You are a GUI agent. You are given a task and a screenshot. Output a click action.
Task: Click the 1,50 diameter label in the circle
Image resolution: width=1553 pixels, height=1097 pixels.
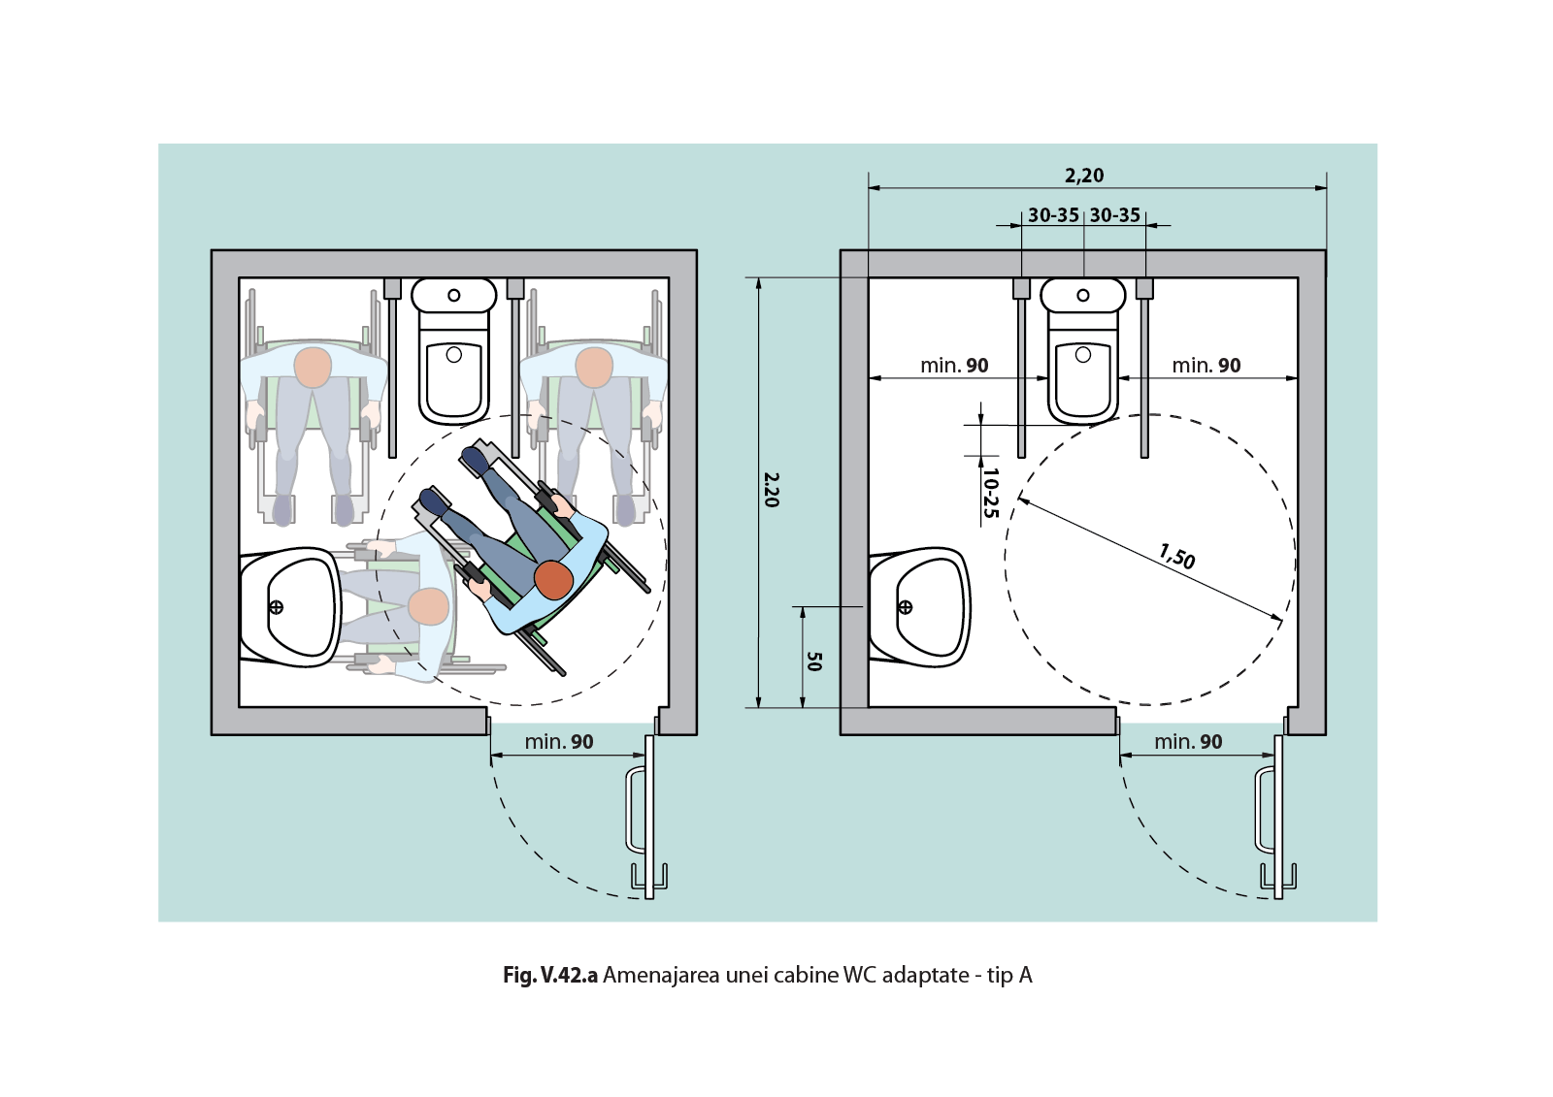point(1176,557)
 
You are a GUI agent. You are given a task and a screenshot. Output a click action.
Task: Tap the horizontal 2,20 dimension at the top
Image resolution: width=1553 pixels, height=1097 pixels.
point(1084,176)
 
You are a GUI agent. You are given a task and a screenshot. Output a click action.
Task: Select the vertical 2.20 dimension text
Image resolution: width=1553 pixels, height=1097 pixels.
point(771,490)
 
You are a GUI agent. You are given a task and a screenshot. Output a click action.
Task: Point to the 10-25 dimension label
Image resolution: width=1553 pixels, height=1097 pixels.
point(990,493)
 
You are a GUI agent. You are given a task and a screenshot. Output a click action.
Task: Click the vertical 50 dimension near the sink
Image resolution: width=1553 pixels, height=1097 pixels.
point(814,661)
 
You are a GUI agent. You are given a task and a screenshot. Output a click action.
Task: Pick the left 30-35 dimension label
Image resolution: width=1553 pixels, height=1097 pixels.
point(1053,215)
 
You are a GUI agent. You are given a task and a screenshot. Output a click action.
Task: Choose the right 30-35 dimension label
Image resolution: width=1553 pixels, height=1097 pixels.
point(1115,215)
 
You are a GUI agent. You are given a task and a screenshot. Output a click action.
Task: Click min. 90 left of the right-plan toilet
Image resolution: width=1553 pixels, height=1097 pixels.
point(954,366)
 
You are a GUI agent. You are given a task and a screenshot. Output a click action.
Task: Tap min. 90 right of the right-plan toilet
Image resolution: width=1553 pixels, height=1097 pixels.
point(1206,366)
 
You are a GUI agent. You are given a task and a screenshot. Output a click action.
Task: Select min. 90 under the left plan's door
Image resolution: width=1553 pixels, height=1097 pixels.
point(559,742)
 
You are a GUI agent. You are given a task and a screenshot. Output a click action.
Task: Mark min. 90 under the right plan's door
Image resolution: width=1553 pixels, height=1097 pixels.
point(1188,742)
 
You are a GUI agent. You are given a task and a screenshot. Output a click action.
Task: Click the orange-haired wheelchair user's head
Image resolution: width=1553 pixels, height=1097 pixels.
point(553,579)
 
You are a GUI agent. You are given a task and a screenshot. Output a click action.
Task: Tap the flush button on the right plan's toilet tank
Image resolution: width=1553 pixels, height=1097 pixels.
point(1083,295)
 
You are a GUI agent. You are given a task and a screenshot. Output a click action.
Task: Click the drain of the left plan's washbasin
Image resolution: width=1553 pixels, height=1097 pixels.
point(276,607)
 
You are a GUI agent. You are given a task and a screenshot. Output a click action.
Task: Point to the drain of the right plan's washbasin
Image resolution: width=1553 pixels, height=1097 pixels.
point(906,607)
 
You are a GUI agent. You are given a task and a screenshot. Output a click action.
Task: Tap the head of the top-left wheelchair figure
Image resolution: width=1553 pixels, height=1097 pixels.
point(313,368)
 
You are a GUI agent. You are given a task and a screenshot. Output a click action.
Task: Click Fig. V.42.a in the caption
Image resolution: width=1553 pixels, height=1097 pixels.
point(549,976)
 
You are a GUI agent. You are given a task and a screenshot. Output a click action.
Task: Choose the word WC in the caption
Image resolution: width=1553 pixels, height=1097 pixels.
point(860,976)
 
